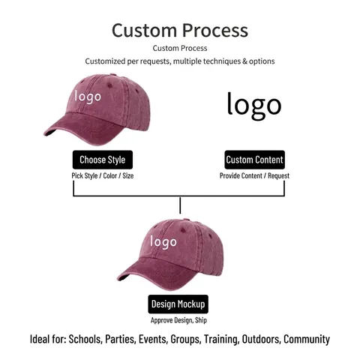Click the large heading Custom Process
pyautogui.click(x=180, y=31)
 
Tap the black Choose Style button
pyautogui.click(x=103, y=160)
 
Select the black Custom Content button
pyautogui.click(x=254, y=160)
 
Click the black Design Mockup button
pyautogui.click(x=178, y=304)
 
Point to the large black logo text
pyautogui.click(x=254, y=106)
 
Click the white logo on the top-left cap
pyautogui.click(x=88, y=97)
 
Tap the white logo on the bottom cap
pyautogui.click(x=163, y=242)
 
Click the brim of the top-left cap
pyautogui.click(x=82, y=130)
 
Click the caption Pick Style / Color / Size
pyautogui.click(x=103, y=175)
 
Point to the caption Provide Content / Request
pyautogui.click(x=254, y=175)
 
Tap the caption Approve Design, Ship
pyautogui.click(x=178, y=320)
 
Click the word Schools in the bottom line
pyautogui.click(x=85, y=339)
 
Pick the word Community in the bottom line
pyautogui.click(x=307, y=340)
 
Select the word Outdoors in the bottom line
pyautogui.click(x=261, y=339)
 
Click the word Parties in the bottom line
pyautogui.click(x=120, y=339)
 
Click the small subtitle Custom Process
pyautogui.click(x=180, y=48)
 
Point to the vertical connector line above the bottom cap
pyautogui.click(x=180, y=205)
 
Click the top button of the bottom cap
pyautogui.click(x=186, y=220)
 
